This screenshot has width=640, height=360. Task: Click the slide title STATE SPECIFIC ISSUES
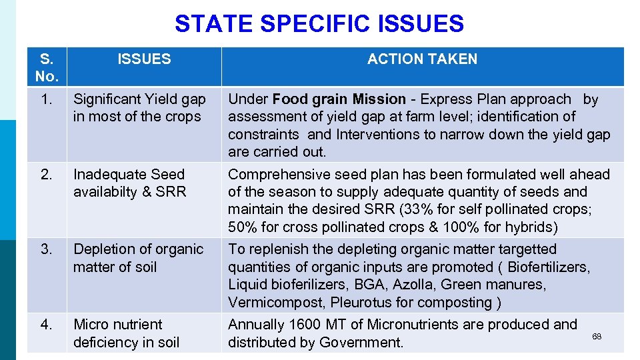(319, 24)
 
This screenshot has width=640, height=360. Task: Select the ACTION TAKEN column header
(422, 59)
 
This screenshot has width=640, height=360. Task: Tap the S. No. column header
(46, 67)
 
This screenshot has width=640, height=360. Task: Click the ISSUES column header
(144, 59)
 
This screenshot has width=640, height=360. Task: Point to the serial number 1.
(46, 99)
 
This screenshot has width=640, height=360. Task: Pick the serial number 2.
(46, 175)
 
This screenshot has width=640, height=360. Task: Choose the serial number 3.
(46, 249)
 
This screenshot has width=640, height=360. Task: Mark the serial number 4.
(46, 325)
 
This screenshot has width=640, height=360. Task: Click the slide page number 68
(597, 337)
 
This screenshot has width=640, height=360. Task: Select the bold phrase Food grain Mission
(339, 99)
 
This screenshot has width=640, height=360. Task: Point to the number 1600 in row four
(305, 325)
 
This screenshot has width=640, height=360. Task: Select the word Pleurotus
(353, 303)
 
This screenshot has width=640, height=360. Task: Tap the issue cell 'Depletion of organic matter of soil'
(138, 258)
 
